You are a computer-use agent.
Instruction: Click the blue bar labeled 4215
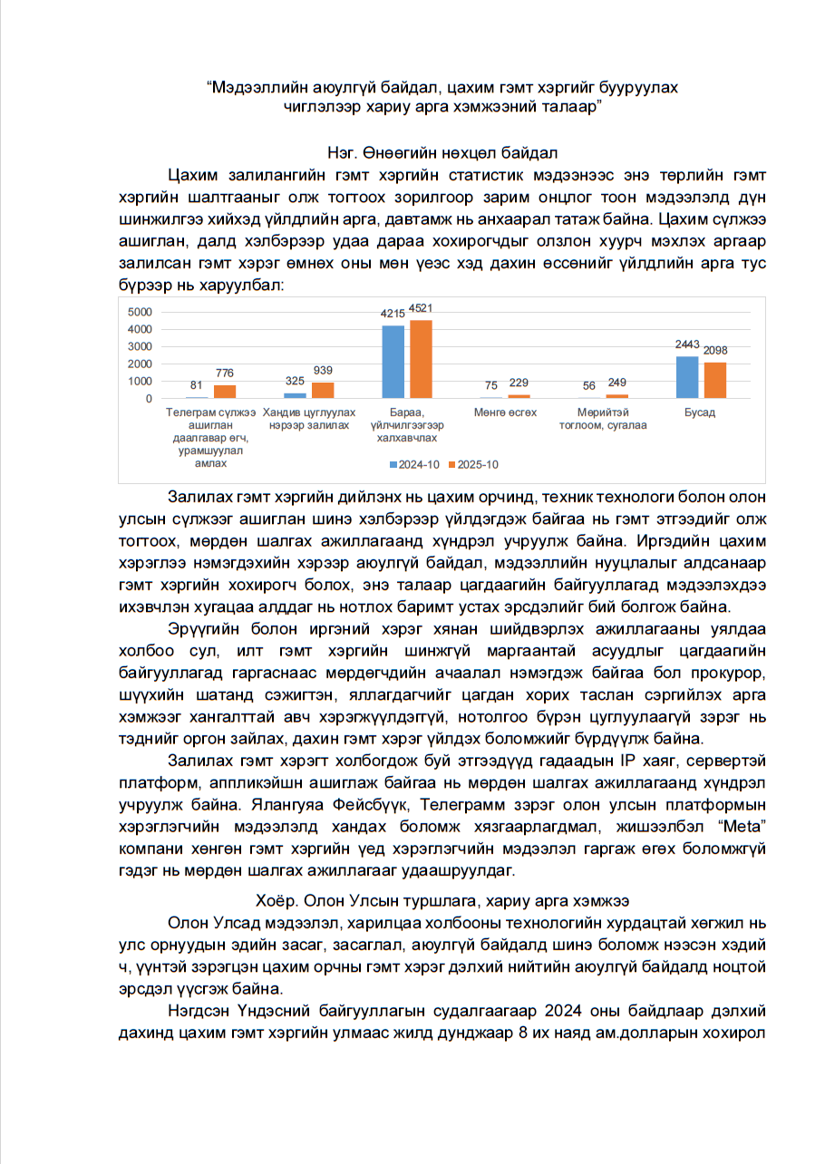coord(393,362)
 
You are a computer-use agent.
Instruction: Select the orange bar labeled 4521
coord(421,359)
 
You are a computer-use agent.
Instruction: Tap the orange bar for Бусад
coord(715,380)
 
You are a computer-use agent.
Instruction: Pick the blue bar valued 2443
coord(687,377)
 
